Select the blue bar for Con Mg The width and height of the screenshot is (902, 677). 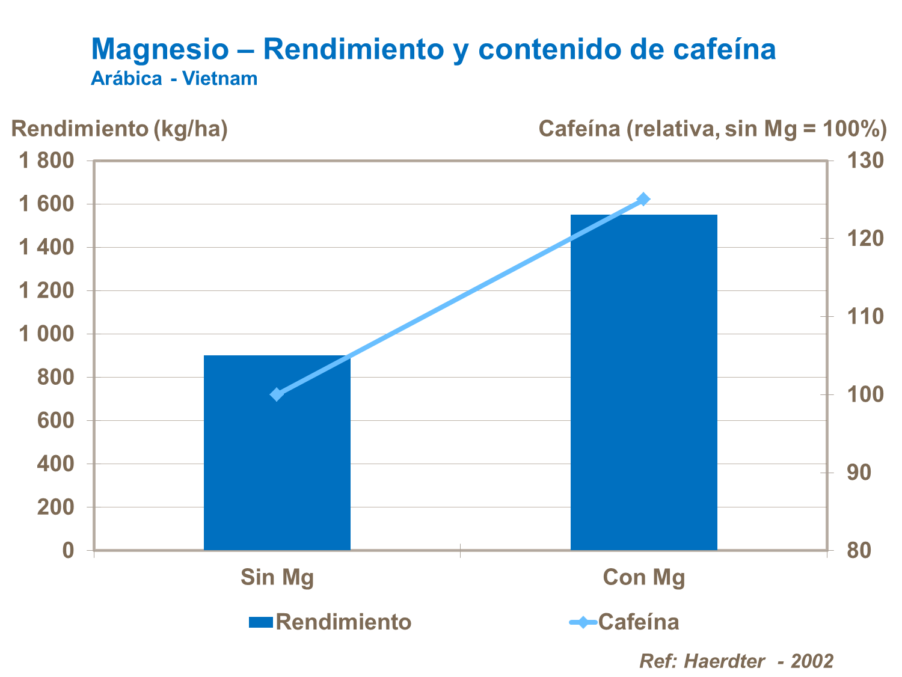tap(643, 385)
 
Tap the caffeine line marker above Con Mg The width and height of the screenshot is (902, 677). tap(643, 199)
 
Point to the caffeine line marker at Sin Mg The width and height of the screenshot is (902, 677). tap(277, 394)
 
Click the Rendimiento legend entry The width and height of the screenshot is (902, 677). tap(331, 622)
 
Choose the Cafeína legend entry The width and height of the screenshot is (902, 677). tap(625, 622)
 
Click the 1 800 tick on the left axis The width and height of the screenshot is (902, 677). tap(46, 161)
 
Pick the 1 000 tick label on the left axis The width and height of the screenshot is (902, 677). tap(46, 334)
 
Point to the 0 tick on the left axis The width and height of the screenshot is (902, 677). tap(68, 550)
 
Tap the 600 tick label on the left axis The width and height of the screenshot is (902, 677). tap(55, 420)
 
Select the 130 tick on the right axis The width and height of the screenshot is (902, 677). tap(865, 161)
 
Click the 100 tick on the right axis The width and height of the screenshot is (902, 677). tap(865, 394)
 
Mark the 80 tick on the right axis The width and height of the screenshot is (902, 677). tap(859, 550)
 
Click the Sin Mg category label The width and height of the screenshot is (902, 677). tap(277, 577)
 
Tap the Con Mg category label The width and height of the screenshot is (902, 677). tap(644, 577)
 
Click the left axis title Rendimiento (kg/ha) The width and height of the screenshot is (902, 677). tap(120, 129)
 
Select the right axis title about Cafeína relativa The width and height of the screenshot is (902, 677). tap(713, 129)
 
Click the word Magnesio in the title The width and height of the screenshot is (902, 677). tap(160, 49)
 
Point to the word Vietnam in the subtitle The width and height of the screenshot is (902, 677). tap(220, 79)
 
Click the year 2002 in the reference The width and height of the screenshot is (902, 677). tap(812, 661)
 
